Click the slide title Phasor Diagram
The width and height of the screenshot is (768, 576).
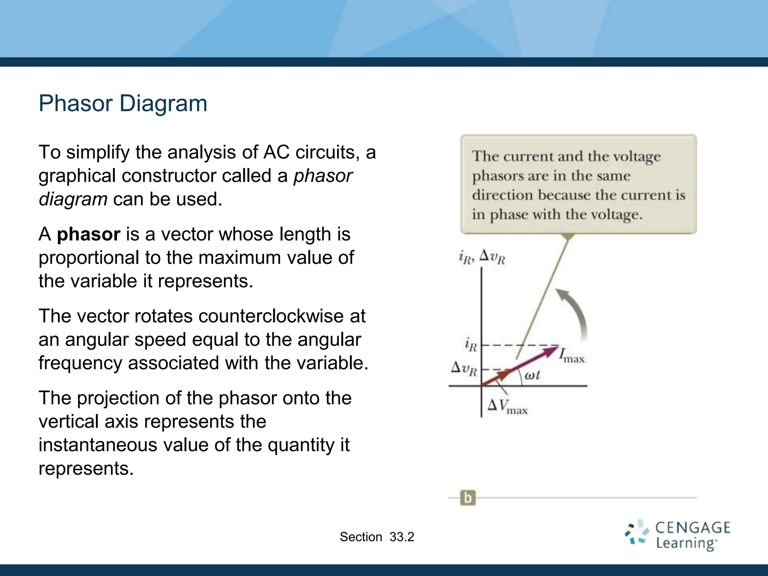(123, 103)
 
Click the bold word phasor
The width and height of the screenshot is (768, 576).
(88, 234)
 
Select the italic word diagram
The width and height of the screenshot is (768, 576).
(73, 199)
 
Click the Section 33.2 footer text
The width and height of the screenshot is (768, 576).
(376, 537)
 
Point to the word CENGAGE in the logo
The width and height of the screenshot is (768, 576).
(692, 528)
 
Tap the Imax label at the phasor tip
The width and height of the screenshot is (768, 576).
(571, 355)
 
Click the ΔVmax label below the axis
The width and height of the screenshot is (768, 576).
(507, 406)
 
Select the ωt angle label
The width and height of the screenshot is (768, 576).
(532, 375)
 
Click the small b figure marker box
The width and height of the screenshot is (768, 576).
(468, 498)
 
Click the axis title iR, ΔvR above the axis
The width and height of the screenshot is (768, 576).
(482, 257)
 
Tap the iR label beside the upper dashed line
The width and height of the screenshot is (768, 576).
(470, 345)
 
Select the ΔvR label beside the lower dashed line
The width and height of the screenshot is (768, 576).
(464, 368)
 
